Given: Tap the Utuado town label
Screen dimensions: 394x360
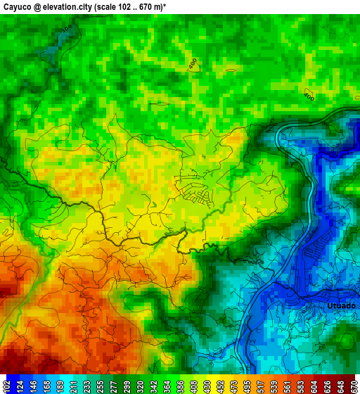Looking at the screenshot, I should (341, 306).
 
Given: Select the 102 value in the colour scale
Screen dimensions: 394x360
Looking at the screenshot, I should (6, 386).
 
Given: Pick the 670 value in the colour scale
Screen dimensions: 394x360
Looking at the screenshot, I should (354, 386).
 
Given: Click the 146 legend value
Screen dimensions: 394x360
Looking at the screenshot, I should (37, 386).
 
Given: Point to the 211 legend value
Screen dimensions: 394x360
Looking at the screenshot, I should (83, 386).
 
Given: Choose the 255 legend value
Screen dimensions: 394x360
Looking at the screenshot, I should (114, 386).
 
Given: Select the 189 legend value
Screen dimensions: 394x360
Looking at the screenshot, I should (68, 386).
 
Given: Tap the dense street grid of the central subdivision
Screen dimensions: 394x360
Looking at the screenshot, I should (197, 189).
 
